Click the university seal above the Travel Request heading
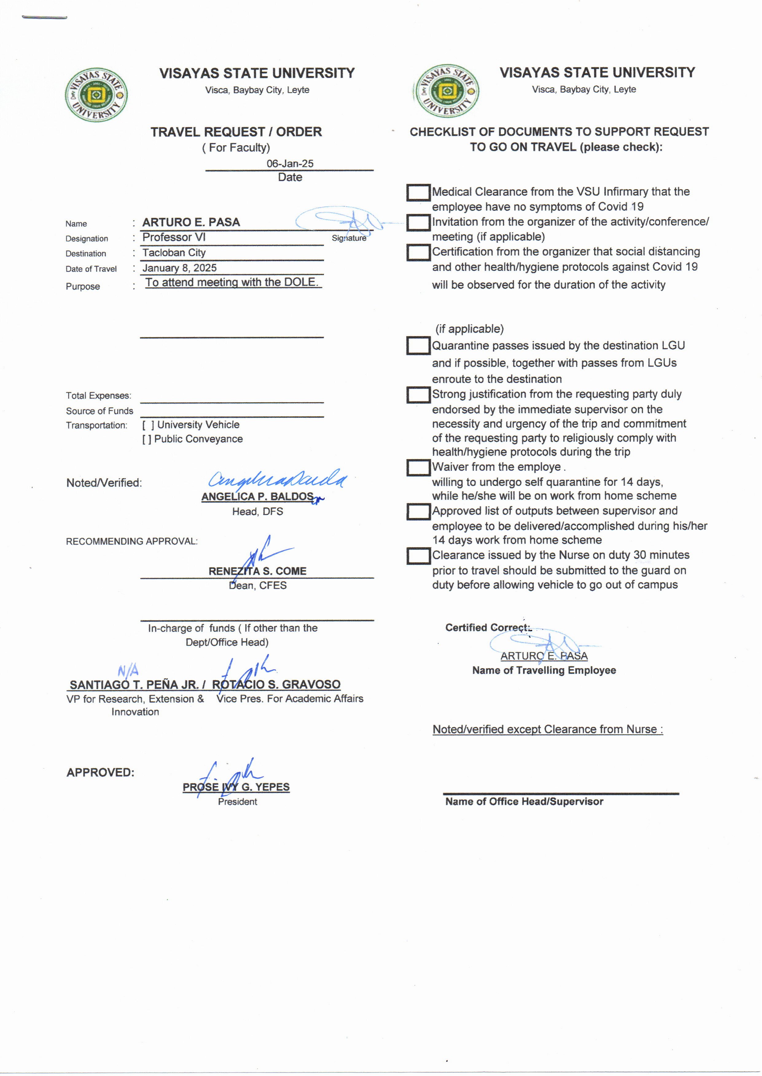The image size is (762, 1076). point(96,95)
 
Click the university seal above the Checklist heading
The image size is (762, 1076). point(447,91)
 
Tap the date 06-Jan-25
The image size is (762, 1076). point(290,164)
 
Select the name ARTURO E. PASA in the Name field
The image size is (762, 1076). point(191,222)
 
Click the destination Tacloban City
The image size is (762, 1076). point(174,253)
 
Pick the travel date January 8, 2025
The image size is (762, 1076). point(179,268)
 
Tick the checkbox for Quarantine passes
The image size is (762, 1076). point(418,346)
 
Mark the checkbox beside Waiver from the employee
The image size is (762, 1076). point(418,467)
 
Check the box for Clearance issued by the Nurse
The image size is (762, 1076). point(418,556)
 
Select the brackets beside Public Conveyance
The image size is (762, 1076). point(147,439)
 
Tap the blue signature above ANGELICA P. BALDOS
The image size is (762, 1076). point(277,479)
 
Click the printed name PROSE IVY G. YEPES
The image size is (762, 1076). point(236,787)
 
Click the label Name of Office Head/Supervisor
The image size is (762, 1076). point(524,802)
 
